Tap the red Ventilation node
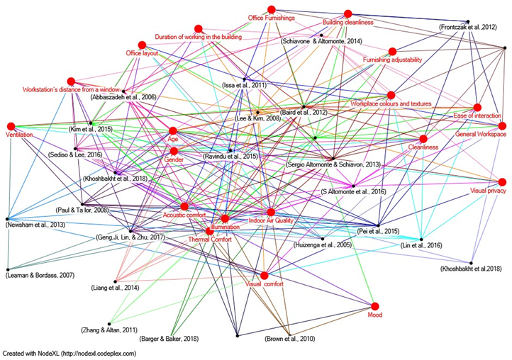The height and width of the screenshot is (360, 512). (11, 126)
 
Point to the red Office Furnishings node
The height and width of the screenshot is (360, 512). (271, 9)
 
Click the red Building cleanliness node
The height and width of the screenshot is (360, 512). (347, 13)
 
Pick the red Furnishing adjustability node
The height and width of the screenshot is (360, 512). (391, 51)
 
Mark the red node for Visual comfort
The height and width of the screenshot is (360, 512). (264, 275)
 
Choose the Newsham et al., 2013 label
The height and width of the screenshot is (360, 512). (35, 225)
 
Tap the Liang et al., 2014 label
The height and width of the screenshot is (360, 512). (115, 288)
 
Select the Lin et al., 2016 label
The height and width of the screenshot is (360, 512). (421, 244)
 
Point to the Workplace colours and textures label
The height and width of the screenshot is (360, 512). (391, 103)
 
